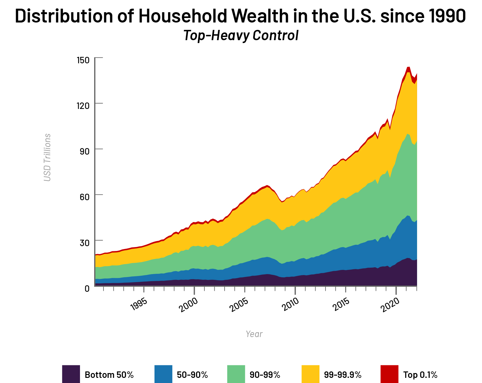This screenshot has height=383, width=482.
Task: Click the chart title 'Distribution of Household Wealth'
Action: (x=240, y=16)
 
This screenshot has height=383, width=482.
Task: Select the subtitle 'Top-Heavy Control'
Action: (x=241, y=35)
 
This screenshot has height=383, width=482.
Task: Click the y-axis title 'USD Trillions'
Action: (x=47, y=157)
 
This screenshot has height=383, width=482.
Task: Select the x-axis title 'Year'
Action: (x=254, y=334)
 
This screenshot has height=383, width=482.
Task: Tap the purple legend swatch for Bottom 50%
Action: (x=71, y=374)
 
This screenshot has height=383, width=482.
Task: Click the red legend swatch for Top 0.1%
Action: (x=389, y=374)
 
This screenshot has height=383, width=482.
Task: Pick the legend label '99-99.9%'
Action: (x=343, y=375)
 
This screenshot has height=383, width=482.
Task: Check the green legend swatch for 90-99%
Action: (x=236, y=374)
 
